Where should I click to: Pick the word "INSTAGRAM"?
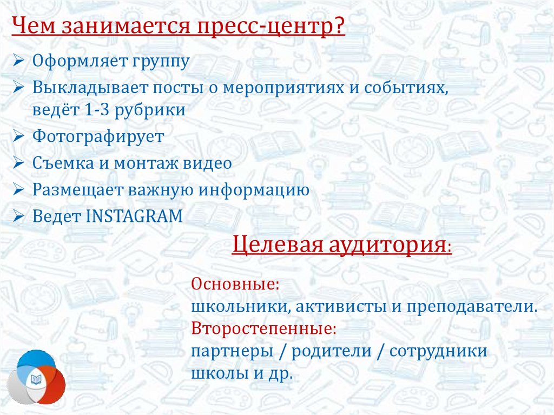click(x=134, y=216)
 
